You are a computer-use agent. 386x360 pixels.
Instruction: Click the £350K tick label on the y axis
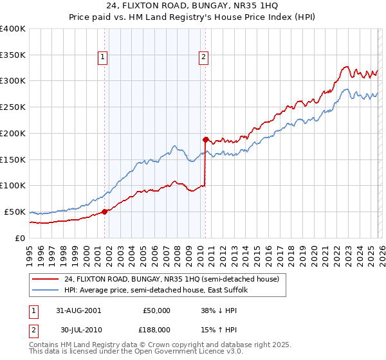pos(12,55)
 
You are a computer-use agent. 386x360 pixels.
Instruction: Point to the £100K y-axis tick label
pos(12,186)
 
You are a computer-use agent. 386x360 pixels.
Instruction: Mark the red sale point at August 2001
pos(105,212)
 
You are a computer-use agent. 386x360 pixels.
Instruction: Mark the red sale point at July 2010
pos(205,139)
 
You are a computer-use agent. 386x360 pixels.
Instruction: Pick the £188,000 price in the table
pos(157,330)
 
